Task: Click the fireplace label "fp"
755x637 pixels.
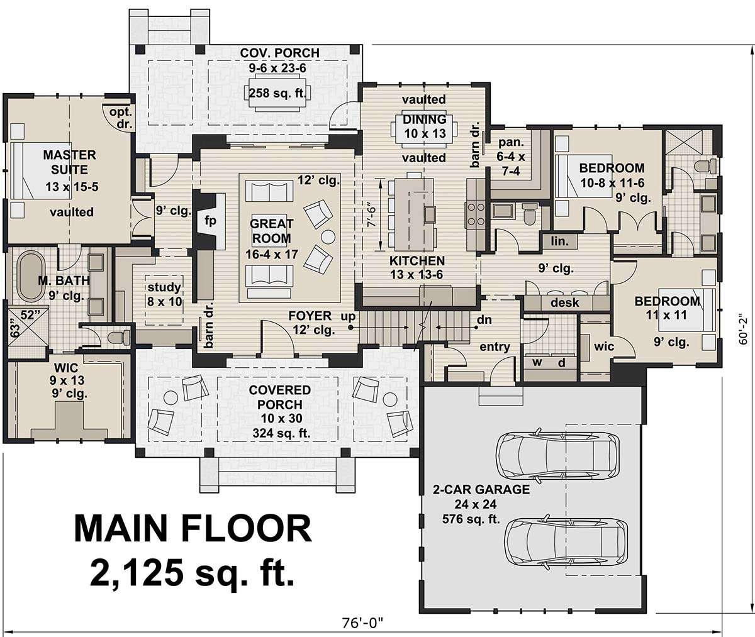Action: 210,220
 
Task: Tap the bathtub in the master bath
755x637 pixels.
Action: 31,276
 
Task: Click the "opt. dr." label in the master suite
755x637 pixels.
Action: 121,118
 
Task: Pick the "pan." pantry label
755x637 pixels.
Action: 511,143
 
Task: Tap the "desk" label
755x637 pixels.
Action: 564,302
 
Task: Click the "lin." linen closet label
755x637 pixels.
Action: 560,241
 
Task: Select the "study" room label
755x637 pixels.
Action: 164,287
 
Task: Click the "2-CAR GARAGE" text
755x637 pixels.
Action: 481,489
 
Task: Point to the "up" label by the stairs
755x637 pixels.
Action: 348,316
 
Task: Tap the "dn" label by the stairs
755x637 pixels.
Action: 484,319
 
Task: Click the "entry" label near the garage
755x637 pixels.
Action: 495,346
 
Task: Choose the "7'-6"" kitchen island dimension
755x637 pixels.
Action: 372,216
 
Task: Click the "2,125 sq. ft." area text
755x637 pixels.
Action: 192,573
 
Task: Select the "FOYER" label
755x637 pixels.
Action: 310,316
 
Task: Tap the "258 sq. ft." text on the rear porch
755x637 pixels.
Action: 277,93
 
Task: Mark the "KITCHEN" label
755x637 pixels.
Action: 417,261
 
